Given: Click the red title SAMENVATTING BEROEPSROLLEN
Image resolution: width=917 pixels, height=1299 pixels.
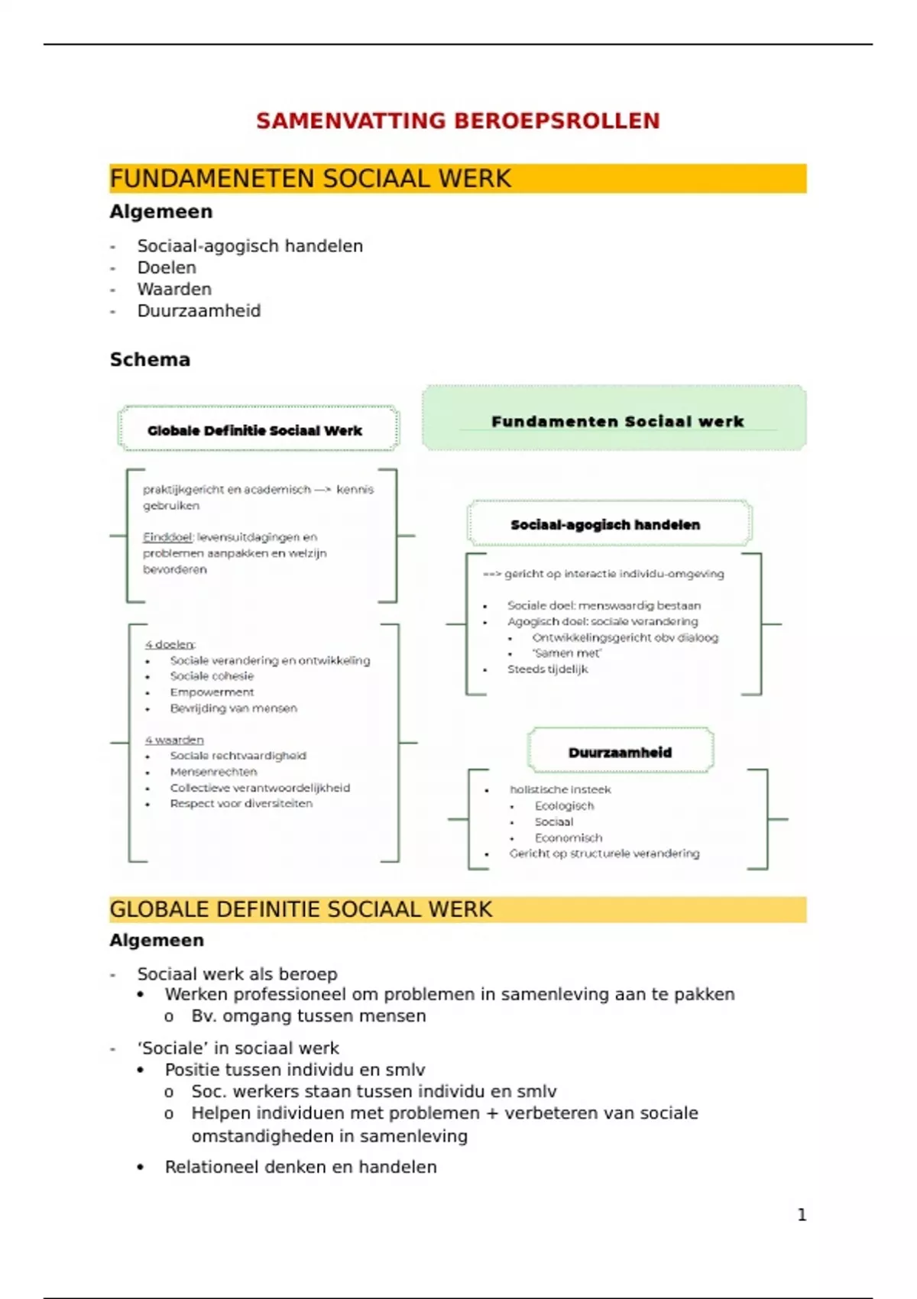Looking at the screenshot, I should point(458,121).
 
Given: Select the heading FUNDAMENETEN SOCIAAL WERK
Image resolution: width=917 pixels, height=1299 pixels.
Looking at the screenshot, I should point(310,179).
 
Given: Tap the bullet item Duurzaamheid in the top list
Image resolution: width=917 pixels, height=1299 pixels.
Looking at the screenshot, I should point(199,311).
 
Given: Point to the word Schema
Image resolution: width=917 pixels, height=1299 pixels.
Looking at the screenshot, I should point(150,360).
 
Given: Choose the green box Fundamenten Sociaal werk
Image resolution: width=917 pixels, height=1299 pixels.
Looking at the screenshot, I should point(617,421).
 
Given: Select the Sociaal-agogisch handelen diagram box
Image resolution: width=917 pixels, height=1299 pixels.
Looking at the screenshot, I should point(605,525).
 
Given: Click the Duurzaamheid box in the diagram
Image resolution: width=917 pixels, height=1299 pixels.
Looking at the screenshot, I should point(620,752).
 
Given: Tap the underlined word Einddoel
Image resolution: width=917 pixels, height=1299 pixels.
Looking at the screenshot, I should point(167,537).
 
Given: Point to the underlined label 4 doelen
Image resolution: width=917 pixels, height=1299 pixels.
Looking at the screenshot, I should point(170,644).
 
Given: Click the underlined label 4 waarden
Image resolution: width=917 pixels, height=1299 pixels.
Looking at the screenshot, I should point(174,740).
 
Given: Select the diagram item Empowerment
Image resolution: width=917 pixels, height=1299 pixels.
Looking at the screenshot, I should point(212,692).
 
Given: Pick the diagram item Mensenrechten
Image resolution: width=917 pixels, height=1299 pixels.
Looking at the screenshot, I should point(213,772).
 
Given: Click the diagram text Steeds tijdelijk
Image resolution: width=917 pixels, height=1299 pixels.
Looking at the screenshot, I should point(548,669).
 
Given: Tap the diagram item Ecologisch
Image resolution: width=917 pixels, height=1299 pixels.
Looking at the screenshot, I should point(564,805).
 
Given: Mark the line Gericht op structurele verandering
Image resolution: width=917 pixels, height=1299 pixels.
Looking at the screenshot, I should point(604,854).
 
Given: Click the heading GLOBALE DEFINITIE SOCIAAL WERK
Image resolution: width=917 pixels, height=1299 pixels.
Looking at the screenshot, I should point(301,909).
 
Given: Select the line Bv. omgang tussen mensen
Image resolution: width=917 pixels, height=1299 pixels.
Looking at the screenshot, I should point(309,1016).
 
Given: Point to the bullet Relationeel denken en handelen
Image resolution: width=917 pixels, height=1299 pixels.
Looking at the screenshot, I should point(300,1167).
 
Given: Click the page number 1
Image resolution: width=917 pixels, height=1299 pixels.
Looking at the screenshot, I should point(802,1214).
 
